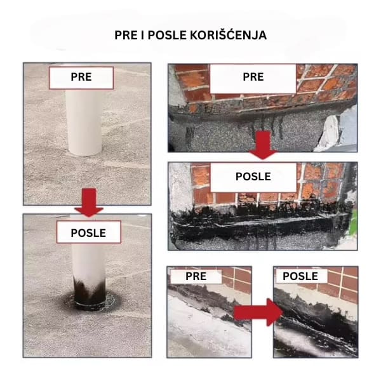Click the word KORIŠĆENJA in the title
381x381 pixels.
tap(228, 36)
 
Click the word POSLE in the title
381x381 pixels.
tap(167, 36)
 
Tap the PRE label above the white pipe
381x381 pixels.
tap(81, 77)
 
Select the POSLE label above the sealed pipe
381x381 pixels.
tap(88, 233)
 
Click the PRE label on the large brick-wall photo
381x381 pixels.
tap(253, 77)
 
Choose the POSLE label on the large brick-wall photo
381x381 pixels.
tap(253, 177)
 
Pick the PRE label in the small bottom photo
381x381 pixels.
tap(196, 276)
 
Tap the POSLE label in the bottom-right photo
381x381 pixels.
tap(300, 276)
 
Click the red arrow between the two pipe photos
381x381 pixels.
tap(89, 203)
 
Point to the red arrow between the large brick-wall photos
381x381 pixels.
tap(263, 145)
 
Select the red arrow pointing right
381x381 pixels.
tap(258, 312)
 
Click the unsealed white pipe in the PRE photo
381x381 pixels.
tap(84, 122)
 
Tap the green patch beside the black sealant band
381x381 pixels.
tap(354, 222)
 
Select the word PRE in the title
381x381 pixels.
tap(126, 36)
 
